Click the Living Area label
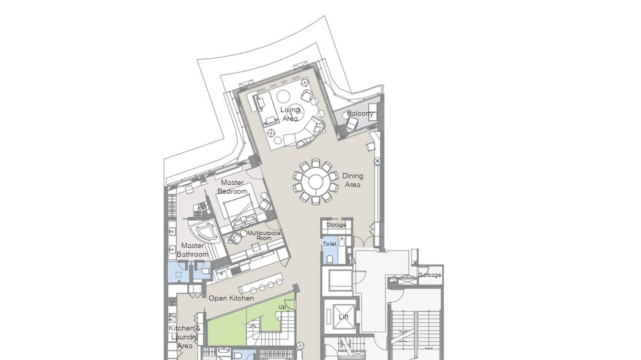click(290, 114)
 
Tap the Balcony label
click(360, 113)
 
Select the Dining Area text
click(353, 180)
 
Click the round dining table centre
click(316, 181)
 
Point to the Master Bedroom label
click(232, 187)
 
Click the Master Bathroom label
click(192, 250)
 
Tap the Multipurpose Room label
click(264, 235)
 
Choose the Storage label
click(336, 225)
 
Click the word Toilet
click(330, 244)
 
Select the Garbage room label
click(429, 275)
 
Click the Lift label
click(343, 317)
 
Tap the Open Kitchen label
click(231, 298)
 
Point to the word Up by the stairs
click(282, 307)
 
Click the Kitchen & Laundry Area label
click(184, 337)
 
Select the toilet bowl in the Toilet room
click(330, 259)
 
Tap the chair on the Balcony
click(352, 124)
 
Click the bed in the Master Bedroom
click(239, 211)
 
